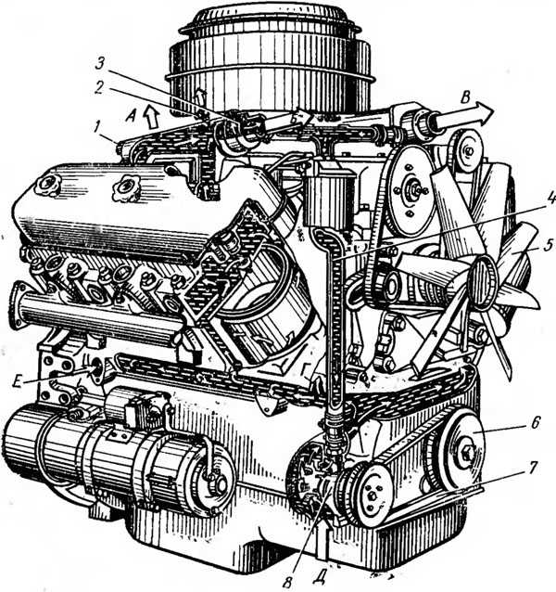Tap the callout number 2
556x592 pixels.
pyautogui.click(x=99, y=87)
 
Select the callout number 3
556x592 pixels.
pyautogui.click(x=100, y=63)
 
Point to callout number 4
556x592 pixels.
pyautogui.click(x=550, y=197)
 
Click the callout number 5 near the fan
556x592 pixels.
pyautogui.click(x=548, y=245)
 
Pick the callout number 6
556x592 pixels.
pyautogui.click(x=536, y=423)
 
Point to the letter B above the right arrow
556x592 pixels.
pyautogui.click(x=466, y=98)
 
